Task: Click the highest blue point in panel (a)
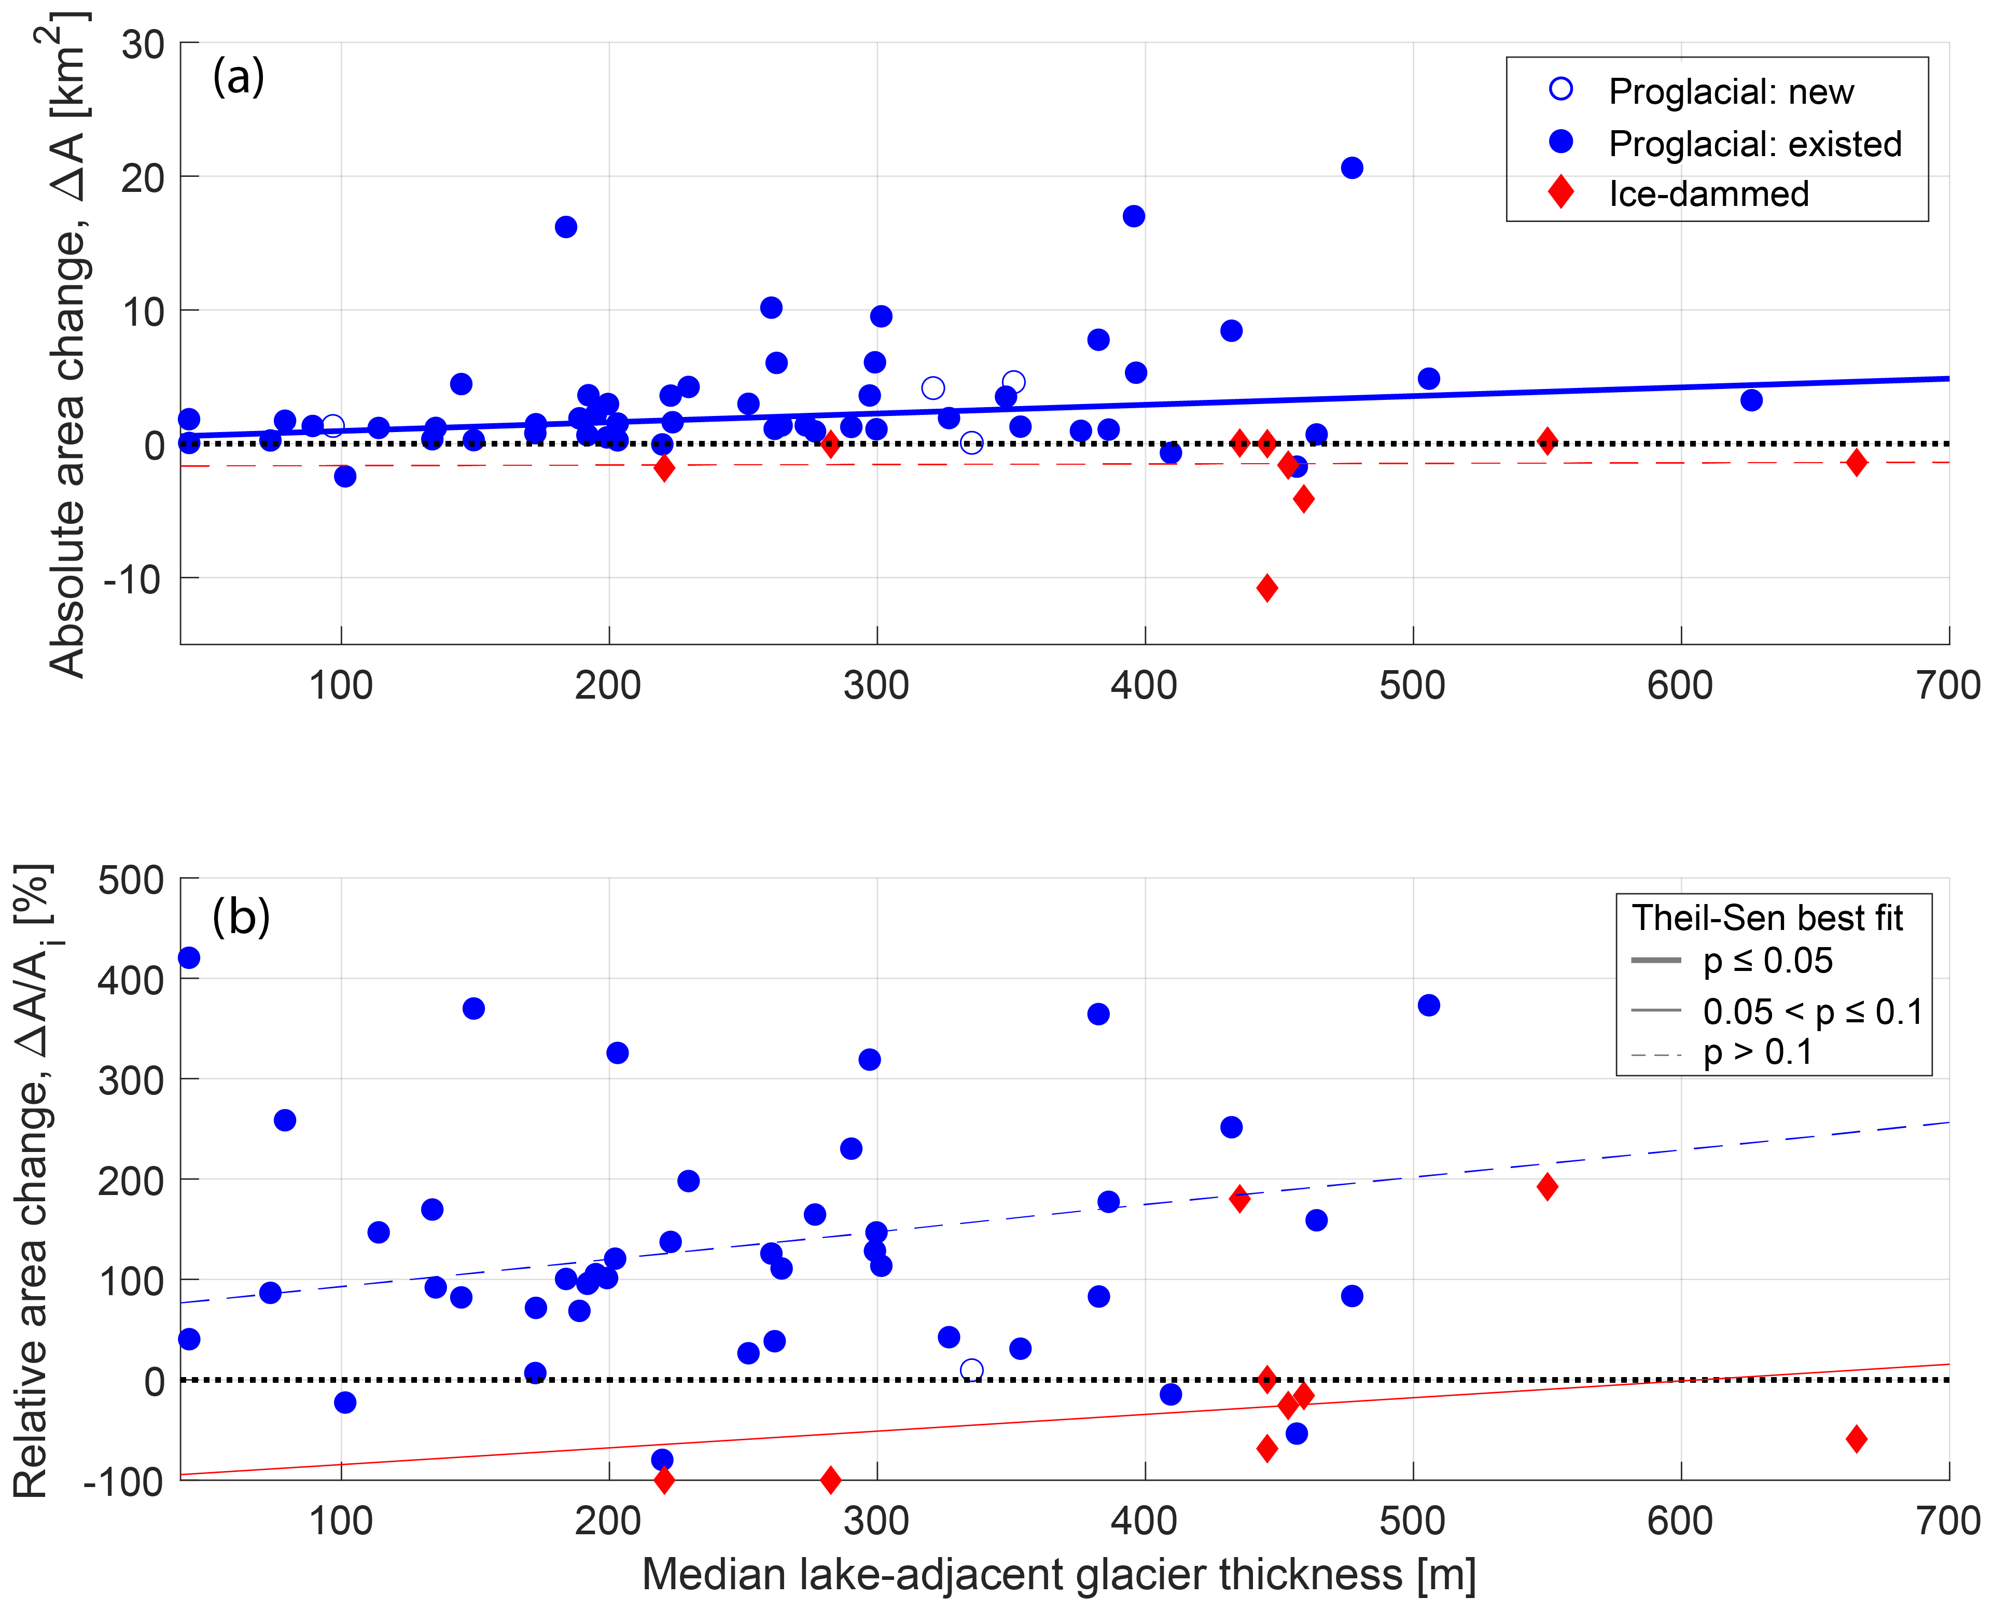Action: click(x=1352, y=168)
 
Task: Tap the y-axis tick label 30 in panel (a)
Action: click(x=143, y=45)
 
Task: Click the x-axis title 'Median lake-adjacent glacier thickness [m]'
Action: click(x=1058, y=1574)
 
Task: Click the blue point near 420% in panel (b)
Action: click(x=188, y=957)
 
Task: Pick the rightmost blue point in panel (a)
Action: click(x=1751, y=400)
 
